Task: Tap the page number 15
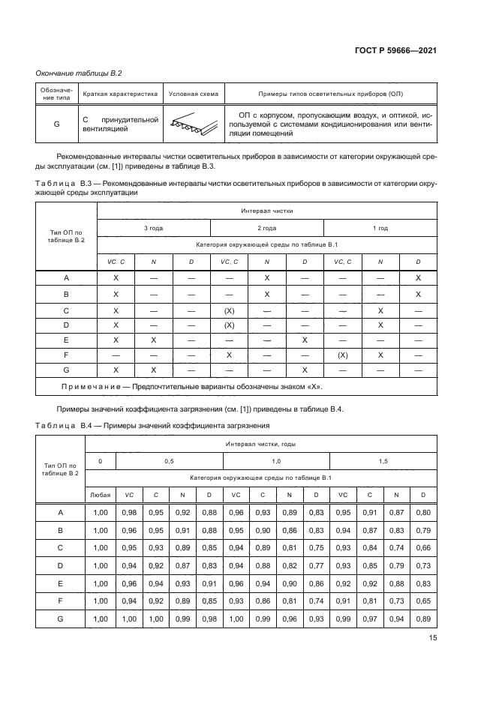click(x=432, y=639)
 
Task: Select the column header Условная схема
click(x=194, y=94)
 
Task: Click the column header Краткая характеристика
click(x=120, y=94)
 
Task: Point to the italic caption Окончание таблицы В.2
click(x=80, y=73)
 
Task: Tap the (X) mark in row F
click(x=342, y=355)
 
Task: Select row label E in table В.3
click(x=67, y=340)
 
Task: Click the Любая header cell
click(x=100, y=496)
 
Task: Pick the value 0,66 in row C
click(x=422, y=547)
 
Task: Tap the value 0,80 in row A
click(x=422, y=512)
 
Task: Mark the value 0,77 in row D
click(x=316, y=565)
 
